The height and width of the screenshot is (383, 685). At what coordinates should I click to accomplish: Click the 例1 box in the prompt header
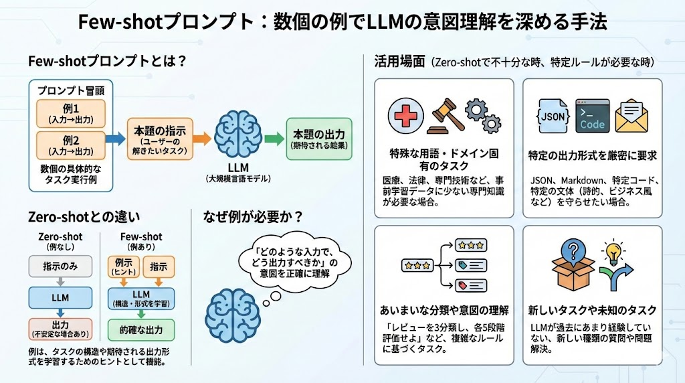(71, 114)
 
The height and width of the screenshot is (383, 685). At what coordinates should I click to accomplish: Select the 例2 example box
(71, 145)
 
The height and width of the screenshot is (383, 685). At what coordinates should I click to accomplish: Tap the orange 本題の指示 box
(160, 139)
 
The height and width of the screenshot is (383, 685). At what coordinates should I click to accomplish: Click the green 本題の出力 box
(319, 139)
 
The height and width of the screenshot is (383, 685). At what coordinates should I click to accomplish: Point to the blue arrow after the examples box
(115, 139)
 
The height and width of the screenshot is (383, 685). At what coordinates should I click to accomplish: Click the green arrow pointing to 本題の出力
(274, 139)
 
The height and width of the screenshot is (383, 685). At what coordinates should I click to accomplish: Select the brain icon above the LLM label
(238, 134)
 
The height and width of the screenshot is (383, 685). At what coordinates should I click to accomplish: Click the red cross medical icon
(406, 116)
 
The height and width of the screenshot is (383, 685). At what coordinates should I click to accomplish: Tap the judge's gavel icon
(445, 117)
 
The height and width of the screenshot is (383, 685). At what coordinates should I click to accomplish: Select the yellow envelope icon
(631, 116)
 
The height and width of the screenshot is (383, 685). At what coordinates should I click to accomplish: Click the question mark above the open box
(573, 250)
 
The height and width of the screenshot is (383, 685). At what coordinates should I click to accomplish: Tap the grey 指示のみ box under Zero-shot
(60, 266)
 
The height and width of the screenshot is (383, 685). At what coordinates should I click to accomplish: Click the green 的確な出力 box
(141, 330)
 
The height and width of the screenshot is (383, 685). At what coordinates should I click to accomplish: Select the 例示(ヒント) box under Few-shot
(124, 266)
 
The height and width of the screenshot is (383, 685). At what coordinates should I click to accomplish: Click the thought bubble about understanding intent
(295, 262)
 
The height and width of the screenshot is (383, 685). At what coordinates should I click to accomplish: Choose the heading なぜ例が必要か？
(253, 216)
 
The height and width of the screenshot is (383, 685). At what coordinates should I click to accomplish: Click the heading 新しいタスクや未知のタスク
(593, 311)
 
